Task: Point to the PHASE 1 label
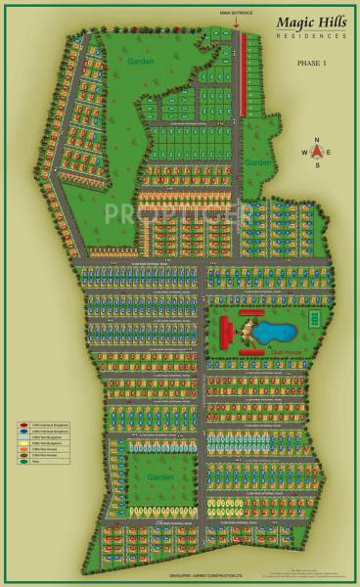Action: point(313,63)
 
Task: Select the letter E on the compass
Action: point(331,152)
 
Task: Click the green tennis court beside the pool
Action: point(313,319)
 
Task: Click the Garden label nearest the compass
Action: point(256,161)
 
